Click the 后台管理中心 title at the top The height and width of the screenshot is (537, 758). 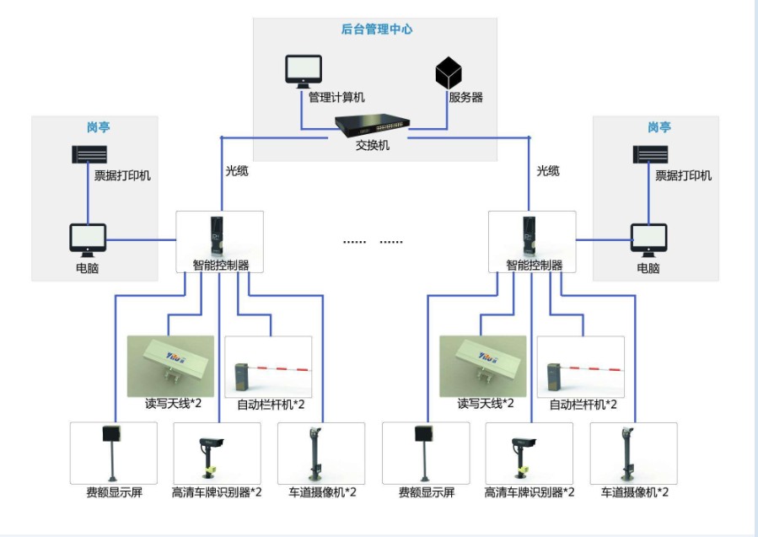click(377, 30)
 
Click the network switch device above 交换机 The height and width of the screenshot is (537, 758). click(372, 126)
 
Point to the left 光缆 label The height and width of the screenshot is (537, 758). click(237, 170)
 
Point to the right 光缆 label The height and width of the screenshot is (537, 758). click(548, 170)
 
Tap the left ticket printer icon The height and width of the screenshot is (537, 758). click(89, 155)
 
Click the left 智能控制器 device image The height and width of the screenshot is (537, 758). click(218, 237)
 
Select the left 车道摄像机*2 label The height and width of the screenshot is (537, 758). click(322, 491)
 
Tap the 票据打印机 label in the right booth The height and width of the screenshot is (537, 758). click(683, 175)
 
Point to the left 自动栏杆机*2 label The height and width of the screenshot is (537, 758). click(270, 405)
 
